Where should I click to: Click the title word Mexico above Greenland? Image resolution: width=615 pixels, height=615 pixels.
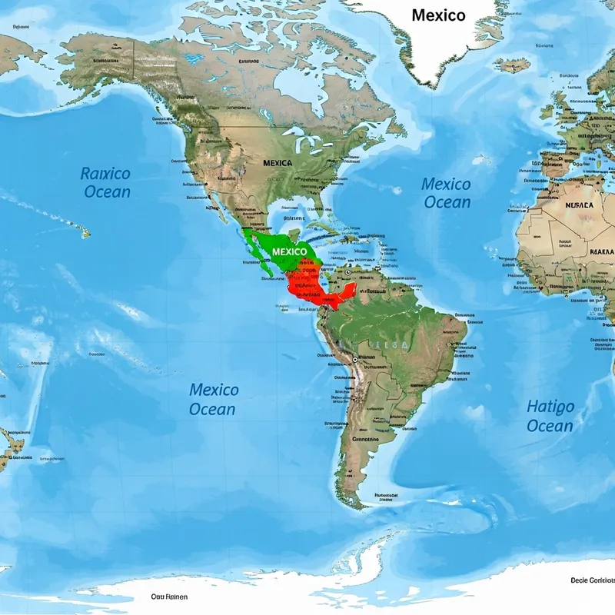[438, 15]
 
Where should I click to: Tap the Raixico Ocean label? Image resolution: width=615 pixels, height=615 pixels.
[106, 183]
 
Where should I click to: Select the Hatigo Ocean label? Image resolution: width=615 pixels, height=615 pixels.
[550, 416]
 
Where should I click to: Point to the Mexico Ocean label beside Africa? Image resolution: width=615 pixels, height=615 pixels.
[446, 193]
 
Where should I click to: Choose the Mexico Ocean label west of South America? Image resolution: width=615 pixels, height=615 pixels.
[213, 399]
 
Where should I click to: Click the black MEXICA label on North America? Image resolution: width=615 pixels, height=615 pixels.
[277, 163]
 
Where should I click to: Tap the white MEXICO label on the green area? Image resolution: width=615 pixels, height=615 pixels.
[289, 252]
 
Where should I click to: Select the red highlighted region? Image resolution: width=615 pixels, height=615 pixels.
[307, 283]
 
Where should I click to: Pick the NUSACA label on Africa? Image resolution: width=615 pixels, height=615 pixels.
[579, 206]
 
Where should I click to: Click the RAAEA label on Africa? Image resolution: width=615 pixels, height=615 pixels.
[601, 251]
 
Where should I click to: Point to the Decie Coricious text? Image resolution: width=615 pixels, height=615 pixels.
[593, 580]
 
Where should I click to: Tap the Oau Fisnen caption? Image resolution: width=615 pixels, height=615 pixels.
[168, 597]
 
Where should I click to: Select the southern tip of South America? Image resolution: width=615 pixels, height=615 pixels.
[355, 504]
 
